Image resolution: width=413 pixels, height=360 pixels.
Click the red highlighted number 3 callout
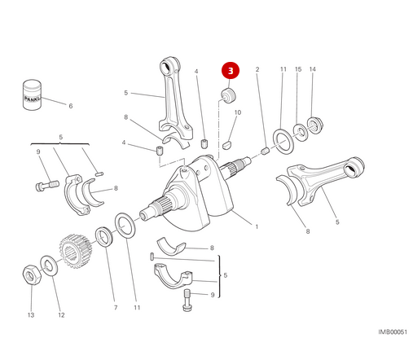click(231, 72)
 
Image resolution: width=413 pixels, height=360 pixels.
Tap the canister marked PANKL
click(32, 94)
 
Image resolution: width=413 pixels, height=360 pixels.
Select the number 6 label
click(70, 106)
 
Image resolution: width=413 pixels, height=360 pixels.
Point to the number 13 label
click(30, 314)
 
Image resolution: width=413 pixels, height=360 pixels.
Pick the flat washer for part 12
click(50, 263)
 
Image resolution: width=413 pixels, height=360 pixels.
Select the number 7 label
click(115, 308)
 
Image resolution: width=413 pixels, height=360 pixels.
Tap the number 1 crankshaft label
click(256, 226)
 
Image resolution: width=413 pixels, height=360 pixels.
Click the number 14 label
click(312, 70)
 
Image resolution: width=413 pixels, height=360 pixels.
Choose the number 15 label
click(298, 70)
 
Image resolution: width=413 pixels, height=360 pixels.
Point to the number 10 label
click(237, 112)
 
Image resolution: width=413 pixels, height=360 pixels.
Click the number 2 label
click(257, 70)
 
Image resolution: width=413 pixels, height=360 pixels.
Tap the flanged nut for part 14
click(316, 125)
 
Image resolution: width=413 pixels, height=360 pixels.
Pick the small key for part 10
click(229, 139)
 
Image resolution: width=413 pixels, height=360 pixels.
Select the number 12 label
click(59, 314)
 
